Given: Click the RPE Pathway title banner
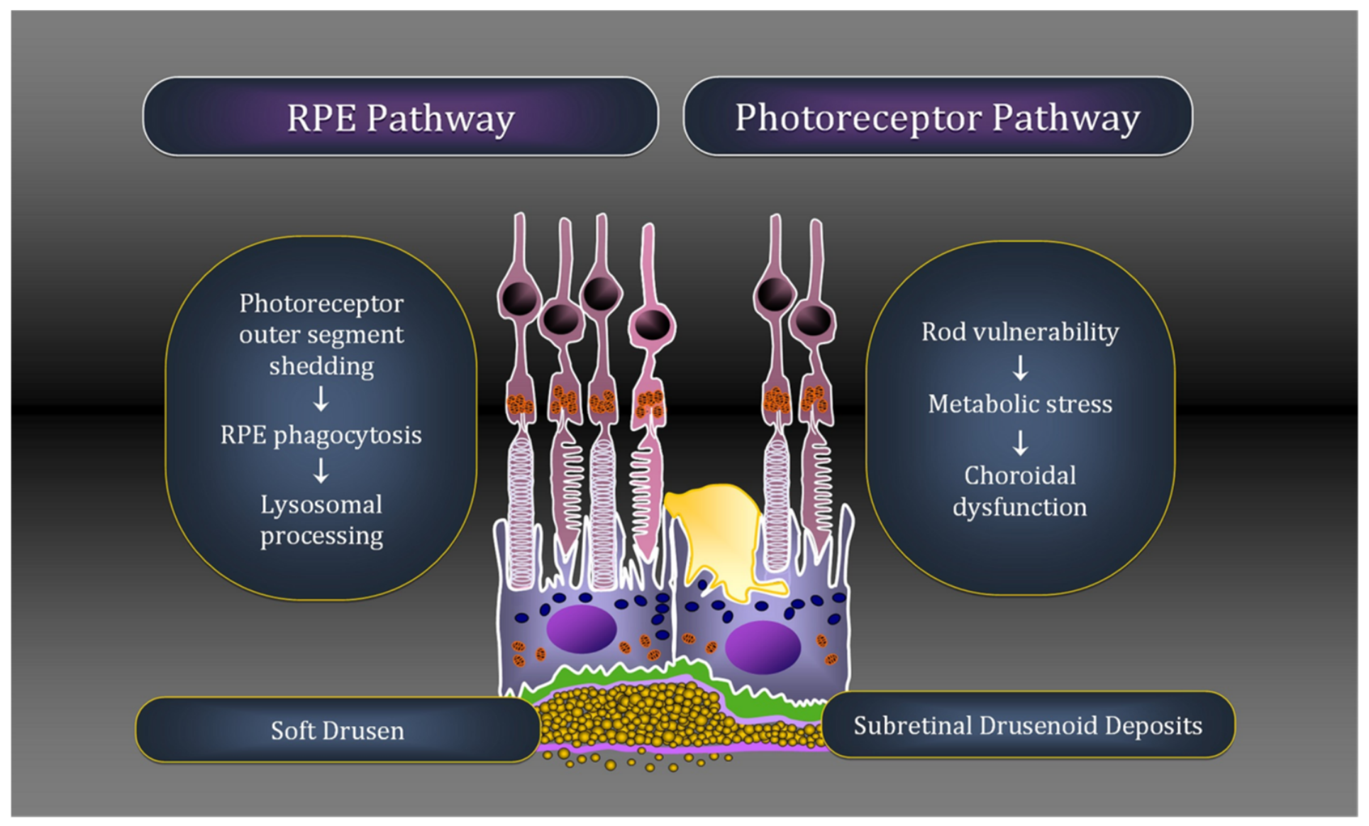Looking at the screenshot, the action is (401, 116).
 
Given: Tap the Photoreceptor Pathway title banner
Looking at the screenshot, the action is (938, 116).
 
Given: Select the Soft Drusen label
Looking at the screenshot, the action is (338, 730).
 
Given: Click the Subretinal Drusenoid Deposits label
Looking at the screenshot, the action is (1028, 725).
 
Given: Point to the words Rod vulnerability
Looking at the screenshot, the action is (1020, 331).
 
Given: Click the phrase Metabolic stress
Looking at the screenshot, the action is (1020, 404).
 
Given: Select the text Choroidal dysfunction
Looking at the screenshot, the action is (1020, 491).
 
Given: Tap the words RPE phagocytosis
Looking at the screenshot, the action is (321, 435).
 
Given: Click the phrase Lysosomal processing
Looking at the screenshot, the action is (321, 520).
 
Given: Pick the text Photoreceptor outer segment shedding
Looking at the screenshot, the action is (321, 334).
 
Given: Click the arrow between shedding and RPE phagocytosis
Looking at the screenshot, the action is (321, 399).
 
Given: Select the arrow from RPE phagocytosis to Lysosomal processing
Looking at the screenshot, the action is (321, 470).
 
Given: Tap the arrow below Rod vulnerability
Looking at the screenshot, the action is (1020, 368).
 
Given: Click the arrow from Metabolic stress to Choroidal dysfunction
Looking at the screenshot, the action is (1020, 443).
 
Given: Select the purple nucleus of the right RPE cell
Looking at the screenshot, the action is (763, 646).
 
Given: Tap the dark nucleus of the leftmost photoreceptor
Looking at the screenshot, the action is (520, 297).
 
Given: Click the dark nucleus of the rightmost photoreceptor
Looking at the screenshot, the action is (814, 321).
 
